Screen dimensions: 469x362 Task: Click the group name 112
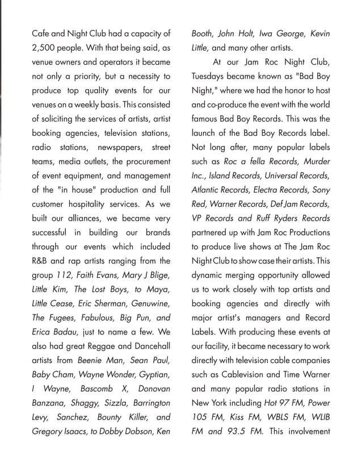click(x=64, y=275)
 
